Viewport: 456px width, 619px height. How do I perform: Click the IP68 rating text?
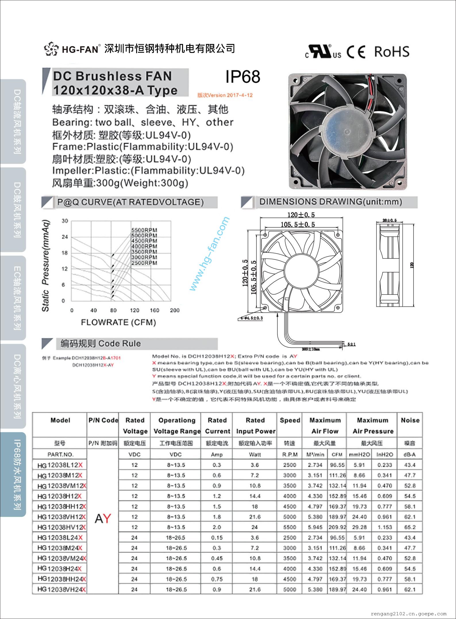tap(243, 77)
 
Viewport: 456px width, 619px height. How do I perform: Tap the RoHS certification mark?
tap(392, 52)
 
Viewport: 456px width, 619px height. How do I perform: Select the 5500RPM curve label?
tap(144, 230)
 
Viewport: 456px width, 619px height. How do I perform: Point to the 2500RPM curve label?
tap(144, 263)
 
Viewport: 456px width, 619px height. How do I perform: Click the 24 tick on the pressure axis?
tap(65, 237)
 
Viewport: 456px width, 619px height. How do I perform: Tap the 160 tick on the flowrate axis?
tap(154, 310)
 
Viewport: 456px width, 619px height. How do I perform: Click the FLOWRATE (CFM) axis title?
tap(118, 322)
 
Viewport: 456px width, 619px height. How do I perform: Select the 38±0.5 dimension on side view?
tap(389, 220)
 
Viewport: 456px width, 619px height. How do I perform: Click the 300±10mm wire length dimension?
tap(311, 349)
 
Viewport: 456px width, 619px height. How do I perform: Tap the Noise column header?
tap(410, 420)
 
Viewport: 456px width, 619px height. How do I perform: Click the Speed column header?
tap(290, 420)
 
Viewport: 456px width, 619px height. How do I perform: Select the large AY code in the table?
tap(103, 518)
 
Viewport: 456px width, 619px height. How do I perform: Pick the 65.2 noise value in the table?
tap(410, 527)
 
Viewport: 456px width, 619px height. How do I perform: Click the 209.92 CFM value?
tap(337, 527)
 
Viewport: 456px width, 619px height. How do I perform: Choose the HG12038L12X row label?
tap(60, 465)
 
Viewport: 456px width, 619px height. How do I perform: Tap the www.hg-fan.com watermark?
tap(210, 253)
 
